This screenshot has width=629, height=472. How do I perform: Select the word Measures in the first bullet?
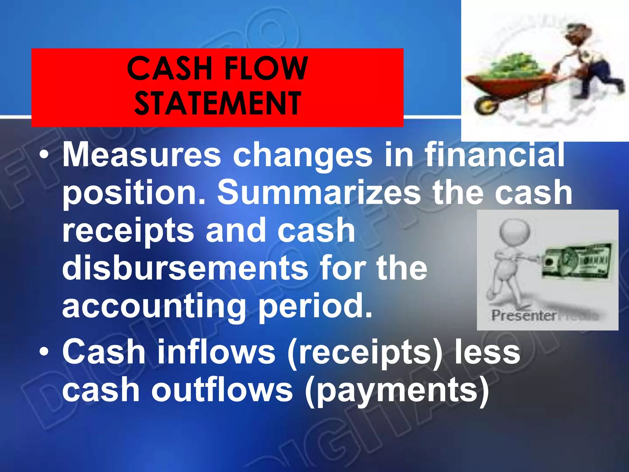[x=142, y=155]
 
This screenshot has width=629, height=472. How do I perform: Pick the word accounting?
[x=154, y=306]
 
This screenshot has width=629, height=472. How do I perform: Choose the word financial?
[x=494, y=155]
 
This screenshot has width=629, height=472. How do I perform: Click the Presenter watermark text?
[x=524, y=316]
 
